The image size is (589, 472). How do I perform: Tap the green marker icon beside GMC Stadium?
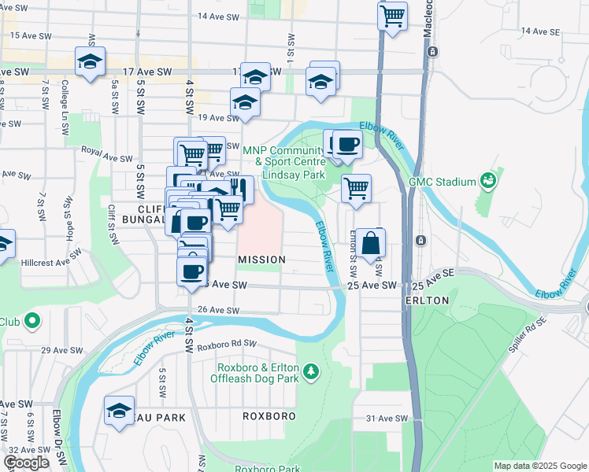click(488, 181)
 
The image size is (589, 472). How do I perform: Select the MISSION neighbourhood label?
click(261, 259)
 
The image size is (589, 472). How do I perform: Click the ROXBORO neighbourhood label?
click(269, 416)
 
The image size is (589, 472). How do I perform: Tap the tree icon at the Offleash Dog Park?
click(312, 370)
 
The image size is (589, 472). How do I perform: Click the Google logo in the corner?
click(26, 463)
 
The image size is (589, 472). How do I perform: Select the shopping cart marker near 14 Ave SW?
click(392, 16)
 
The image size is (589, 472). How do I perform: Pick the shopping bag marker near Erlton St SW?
click(370, 245)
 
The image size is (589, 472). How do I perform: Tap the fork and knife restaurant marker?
click(239, 190)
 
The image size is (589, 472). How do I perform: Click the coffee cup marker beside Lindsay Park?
click(346, 145)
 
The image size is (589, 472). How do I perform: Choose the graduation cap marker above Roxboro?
click(120, 411)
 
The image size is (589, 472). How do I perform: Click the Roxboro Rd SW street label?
click(228, 345)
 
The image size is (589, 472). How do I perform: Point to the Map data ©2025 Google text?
click(539, 466)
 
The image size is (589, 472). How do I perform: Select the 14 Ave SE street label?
click(539, 31)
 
